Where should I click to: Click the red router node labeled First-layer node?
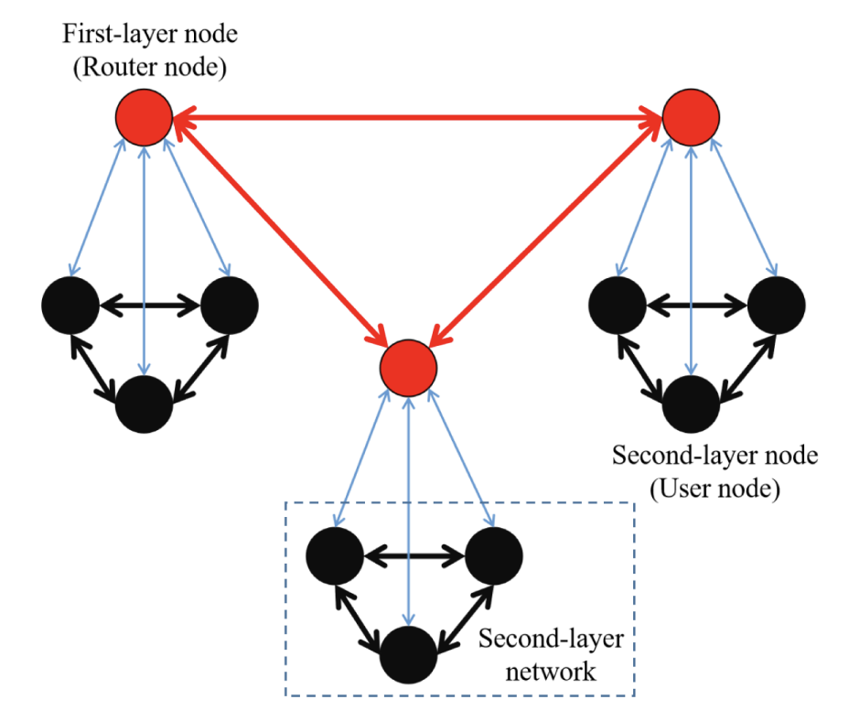(x=144, y=117)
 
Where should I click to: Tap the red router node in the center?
(x=409, y=363)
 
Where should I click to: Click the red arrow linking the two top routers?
(x=417, y=117)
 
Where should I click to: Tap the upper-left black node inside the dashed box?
(x=334, y=554)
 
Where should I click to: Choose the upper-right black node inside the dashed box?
(x=494, y=554)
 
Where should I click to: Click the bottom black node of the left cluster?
(x=144, y=403)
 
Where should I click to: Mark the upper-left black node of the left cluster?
(x=70, y=305)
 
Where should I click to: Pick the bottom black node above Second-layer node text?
(x=691, y=403)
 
